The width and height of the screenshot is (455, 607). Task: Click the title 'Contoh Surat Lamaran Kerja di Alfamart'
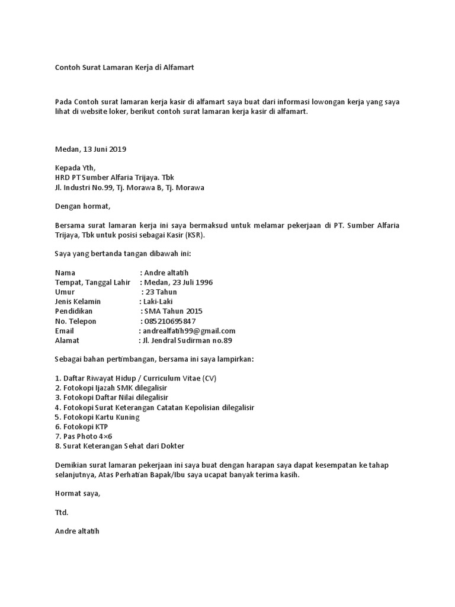pos(124,68)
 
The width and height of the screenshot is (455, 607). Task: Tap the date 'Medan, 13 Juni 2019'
pos(91,149)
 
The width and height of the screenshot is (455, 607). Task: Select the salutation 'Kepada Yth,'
pos(75,168)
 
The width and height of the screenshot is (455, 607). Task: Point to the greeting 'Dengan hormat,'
pos(82,206)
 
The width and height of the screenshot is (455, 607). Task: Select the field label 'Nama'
pos(65,273)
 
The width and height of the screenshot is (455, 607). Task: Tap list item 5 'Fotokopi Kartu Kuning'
pos(97,417)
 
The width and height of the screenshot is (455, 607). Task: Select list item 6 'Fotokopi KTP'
pos(81,426)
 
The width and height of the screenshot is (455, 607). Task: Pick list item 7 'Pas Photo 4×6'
pos(83,436)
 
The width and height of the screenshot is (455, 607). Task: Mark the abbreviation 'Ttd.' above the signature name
pos(62,512)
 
